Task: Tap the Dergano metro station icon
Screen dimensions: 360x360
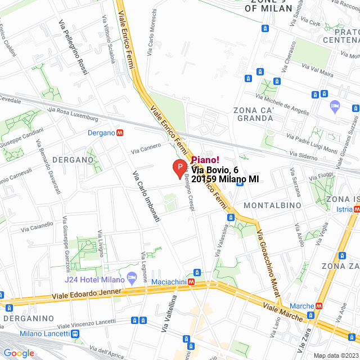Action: point(120,133)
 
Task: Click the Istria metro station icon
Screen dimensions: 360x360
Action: point(357,209)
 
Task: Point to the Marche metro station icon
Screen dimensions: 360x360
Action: point(319,306)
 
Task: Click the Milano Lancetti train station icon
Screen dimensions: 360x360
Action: point(75,334)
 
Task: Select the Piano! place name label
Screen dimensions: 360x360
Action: point(205,160)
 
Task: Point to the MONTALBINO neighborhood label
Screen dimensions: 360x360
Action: point(272,205)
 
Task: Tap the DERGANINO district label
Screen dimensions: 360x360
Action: point(28,318)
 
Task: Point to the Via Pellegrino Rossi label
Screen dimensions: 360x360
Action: point(74,47)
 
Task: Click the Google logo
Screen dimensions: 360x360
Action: point(19,353)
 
